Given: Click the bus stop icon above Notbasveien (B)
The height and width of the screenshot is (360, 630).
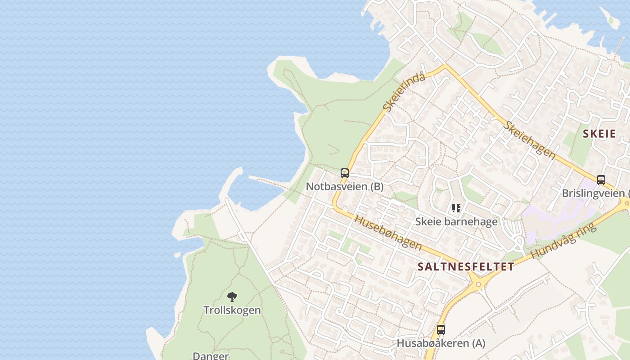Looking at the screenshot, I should [345, 173].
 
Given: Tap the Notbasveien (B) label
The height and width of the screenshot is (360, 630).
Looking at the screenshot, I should [345, 186].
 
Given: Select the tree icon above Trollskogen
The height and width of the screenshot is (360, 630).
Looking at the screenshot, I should [232, 297].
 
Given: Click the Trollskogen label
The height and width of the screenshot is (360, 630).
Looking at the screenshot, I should [232, 310].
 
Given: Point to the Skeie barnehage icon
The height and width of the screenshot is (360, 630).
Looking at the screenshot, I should [456, 208].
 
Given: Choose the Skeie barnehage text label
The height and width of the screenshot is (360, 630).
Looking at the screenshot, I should [456, 221].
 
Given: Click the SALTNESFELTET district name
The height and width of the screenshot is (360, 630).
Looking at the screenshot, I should [465, 266].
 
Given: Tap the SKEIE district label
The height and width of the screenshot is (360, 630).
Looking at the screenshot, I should [599, 134].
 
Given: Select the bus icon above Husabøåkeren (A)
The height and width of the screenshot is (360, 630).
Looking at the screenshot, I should [441, 330].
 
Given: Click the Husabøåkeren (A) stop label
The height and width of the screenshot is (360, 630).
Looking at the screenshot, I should [441, 343].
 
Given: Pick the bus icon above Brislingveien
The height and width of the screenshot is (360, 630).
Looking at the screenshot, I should [601, 180].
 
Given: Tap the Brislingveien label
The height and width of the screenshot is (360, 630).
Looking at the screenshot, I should [594, 193].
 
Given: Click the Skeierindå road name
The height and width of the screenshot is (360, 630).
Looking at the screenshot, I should [404, 93].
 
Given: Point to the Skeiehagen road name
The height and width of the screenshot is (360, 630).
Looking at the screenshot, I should [530, 139].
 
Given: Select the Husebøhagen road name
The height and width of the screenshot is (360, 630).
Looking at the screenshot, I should [388, 233].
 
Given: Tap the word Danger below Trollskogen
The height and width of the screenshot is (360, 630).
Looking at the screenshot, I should [211, 355].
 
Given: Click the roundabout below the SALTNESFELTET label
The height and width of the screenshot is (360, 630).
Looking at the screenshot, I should [477, 283].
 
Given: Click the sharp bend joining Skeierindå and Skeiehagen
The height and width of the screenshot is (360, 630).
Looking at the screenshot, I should [445, 67].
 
